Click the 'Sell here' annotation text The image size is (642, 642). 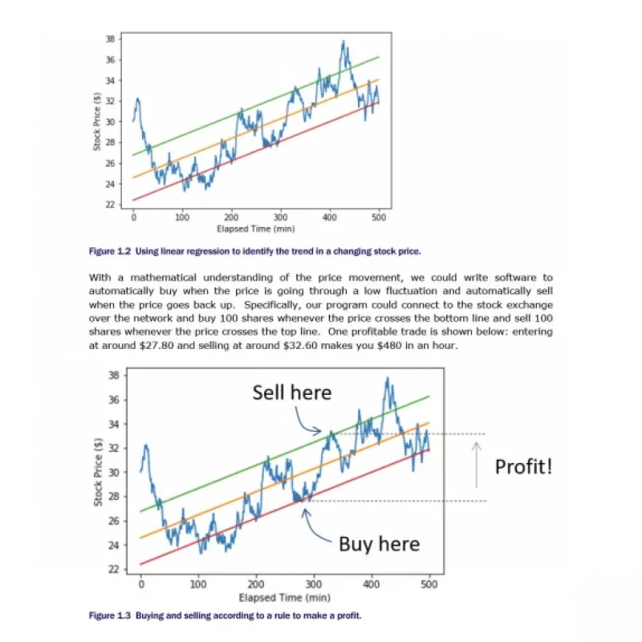click(x=292, y=392)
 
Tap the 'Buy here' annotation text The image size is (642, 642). click(x=379, y=544)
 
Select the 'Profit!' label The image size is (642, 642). click(x=524, y=466)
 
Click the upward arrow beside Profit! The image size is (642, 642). click(x=476, y=465)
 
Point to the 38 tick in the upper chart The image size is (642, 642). click(x=111, y=39)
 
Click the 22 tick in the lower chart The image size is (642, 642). click(x=114, y=569)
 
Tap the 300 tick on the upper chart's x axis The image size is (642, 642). click(x=280, y=217)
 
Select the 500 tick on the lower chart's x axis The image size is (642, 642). click(x=429, y=584)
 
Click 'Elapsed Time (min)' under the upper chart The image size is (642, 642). click(x=256, y=229)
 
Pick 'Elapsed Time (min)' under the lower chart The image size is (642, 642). click(x=285, y=597)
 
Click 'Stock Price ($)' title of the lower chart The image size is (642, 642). click(x=98, y=472)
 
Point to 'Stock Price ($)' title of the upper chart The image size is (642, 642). click(x=97, y=122)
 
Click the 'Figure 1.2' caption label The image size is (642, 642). click(x=110, y=251)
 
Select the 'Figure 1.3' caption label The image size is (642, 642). click(x=110, y=616)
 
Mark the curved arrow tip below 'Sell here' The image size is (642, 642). click(x=321, y=430)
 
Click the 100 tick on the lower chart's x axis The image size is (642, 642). click(x=198, y=584)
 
